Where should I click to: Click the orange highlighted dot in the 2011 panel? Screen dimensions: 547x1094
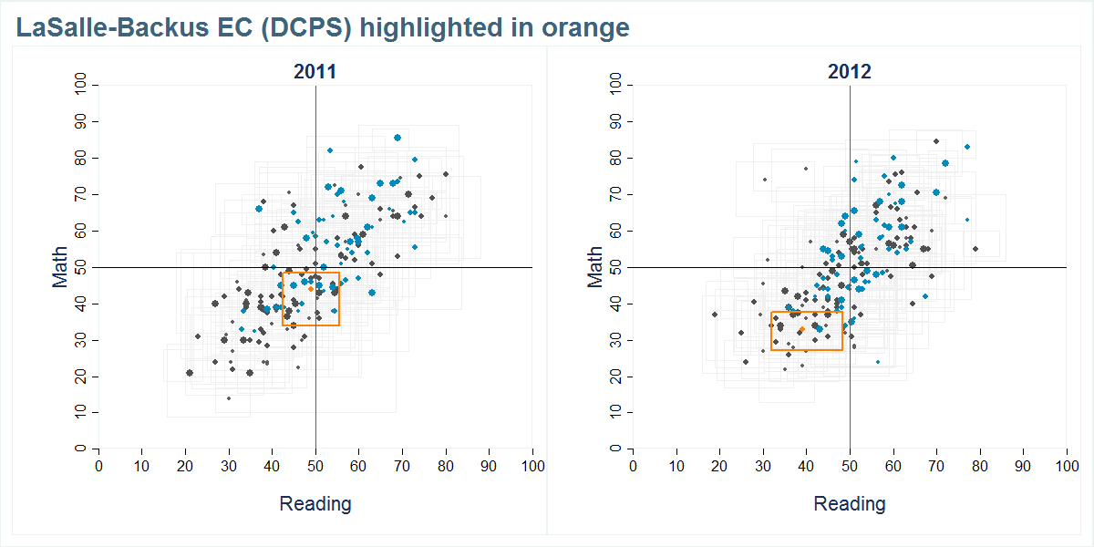(311, 289)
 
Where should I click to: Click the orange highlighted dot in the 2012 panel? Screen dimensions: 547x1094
(801, 329)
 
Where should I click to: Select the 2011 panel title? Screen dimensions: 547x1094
(315, 72)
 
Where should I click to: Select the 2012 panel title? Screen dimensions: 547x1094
(850, 72)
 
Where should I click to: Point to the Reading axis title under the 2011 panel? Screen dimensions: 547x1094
(315, 503)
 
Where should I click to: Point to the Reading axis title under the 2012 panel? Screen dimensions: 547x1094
(850, 503)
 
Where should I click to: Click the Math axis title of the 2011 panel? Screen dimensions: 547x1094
(60, 267)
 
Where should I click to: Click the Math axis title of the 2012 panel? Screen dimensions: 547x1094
(595, 267)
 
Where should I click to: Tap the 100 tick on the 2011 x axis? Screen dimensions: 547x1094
(532, 466)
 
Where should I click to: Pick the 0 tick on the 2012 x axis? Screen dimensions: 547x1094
(634, 466)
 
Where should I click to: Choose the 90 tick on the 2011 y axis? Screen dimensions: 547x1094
(82, 121)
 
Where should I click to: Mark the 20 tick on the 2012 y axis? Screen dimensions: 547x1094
(617, 377)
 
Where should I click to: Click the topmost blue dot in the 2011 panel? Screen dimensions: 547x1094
(397, 138)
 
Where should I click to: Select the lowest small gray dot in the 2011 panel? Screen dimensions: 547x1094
(229, 398)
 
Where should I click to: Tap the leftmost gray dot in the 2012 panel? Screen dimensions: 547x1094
(715, 315)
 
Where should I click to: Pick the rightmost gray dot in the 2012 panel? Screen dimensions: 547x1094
(975, 249)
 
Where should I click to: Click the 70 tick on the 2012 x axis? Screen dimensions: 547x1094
(936, 466)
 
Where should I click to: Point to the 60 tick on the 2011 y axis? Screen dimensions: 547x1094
(82, 231)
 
